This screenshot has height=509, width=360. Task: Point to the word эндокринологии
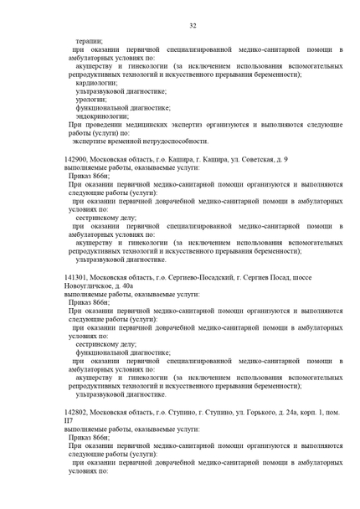101,116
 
